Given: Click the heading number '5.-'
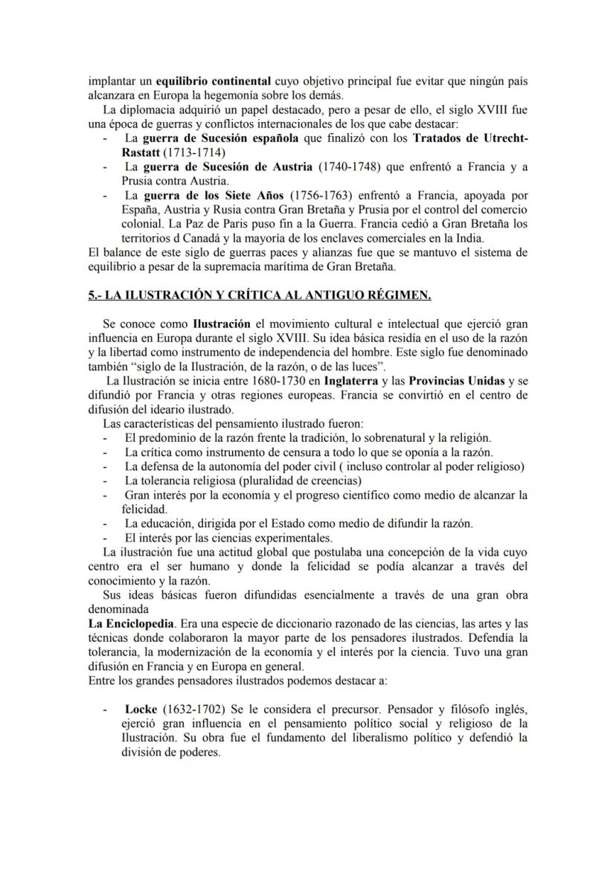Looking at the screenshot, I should [x=94, y=295].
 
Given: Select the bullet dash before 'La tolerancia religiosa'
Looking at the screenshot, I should [x=106, y=481].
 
